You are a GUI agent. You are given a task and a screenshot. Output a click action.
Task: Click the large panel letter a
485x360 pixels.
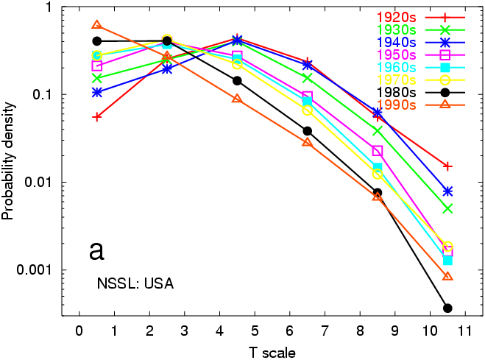(96, 250)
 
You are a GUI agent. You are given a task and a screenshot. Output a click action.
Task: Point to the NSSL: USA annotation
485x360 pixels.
(135, 283)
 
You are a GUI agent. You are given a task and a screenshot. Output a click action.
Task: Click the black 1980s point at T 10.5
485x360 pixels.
(447, 308)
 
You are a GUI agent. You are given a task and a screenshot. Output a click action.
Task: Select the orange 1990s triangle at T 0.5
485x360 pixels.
(96, 26)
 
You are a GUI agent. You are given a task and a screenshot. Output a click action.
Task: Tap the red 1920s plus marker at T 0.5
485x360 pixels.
(96, 116)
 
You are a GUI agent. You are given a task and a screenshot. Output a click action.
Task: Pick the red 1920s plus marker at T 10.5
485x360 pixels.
(447, 166)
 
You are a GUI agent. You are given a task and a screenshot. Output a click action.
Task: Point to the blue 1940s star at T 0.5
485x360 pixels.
(96, 92)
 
